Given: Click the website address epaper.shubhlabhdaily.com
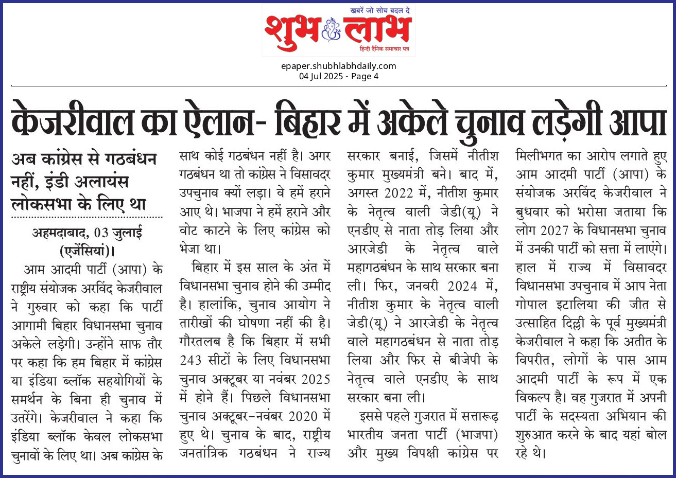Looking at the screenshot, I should [338, 66].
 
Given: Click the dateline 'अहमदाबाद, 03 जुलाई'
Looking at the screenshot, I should [86, 233].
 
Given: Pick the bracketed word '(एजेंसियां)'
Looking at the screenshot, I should [86, 251].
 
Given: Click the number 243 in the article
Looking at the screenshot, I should [190, 360].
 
